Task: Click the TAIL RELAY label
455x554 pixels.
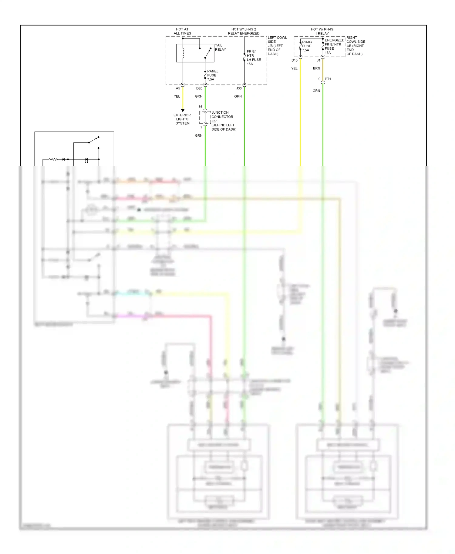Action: point(220,47)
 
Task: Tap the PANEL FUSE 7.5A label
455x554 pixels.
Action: point(212,75)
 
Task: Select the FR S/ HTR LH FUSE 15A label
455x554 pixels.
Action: point(253,58)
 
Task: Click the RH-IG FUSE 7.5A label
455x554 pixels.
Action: point(307,46)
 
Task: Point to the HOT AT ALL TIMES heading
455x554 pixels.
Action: point(182,31)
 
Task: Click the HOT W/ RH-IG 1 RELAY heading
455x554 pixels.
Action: point(322,31)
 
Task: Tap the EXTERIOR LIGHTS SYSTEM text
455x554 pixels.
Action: point(182,119)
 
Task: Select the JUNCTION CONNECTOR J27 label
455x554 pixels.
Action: point(222,117)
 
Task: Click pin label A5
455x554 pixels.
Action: point(178,88)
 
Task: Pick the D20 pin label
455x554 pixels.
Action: point(199,88)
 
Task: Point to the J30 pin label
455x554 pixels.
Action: point(239,88)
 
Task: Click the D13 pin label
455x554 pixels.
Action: point(294,60)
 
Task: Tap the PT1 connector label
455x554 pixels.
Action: point(328,79)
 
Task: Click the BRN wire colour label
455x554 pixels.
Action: point(316,68)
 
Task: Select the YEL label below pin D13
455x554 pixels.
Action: point(294,68)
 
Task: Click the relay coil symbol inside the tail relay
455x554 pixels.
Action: point(183,53)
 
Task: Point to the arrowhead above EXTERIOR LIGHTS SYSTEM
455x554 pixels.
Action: point(183,110)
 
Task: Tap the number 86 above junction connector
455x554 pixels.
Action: point(200,107)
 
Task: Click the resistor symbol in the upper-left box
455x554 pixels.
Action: point(54,159)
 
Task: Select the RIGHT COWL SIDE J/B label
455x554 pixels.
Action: point(356,46)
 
